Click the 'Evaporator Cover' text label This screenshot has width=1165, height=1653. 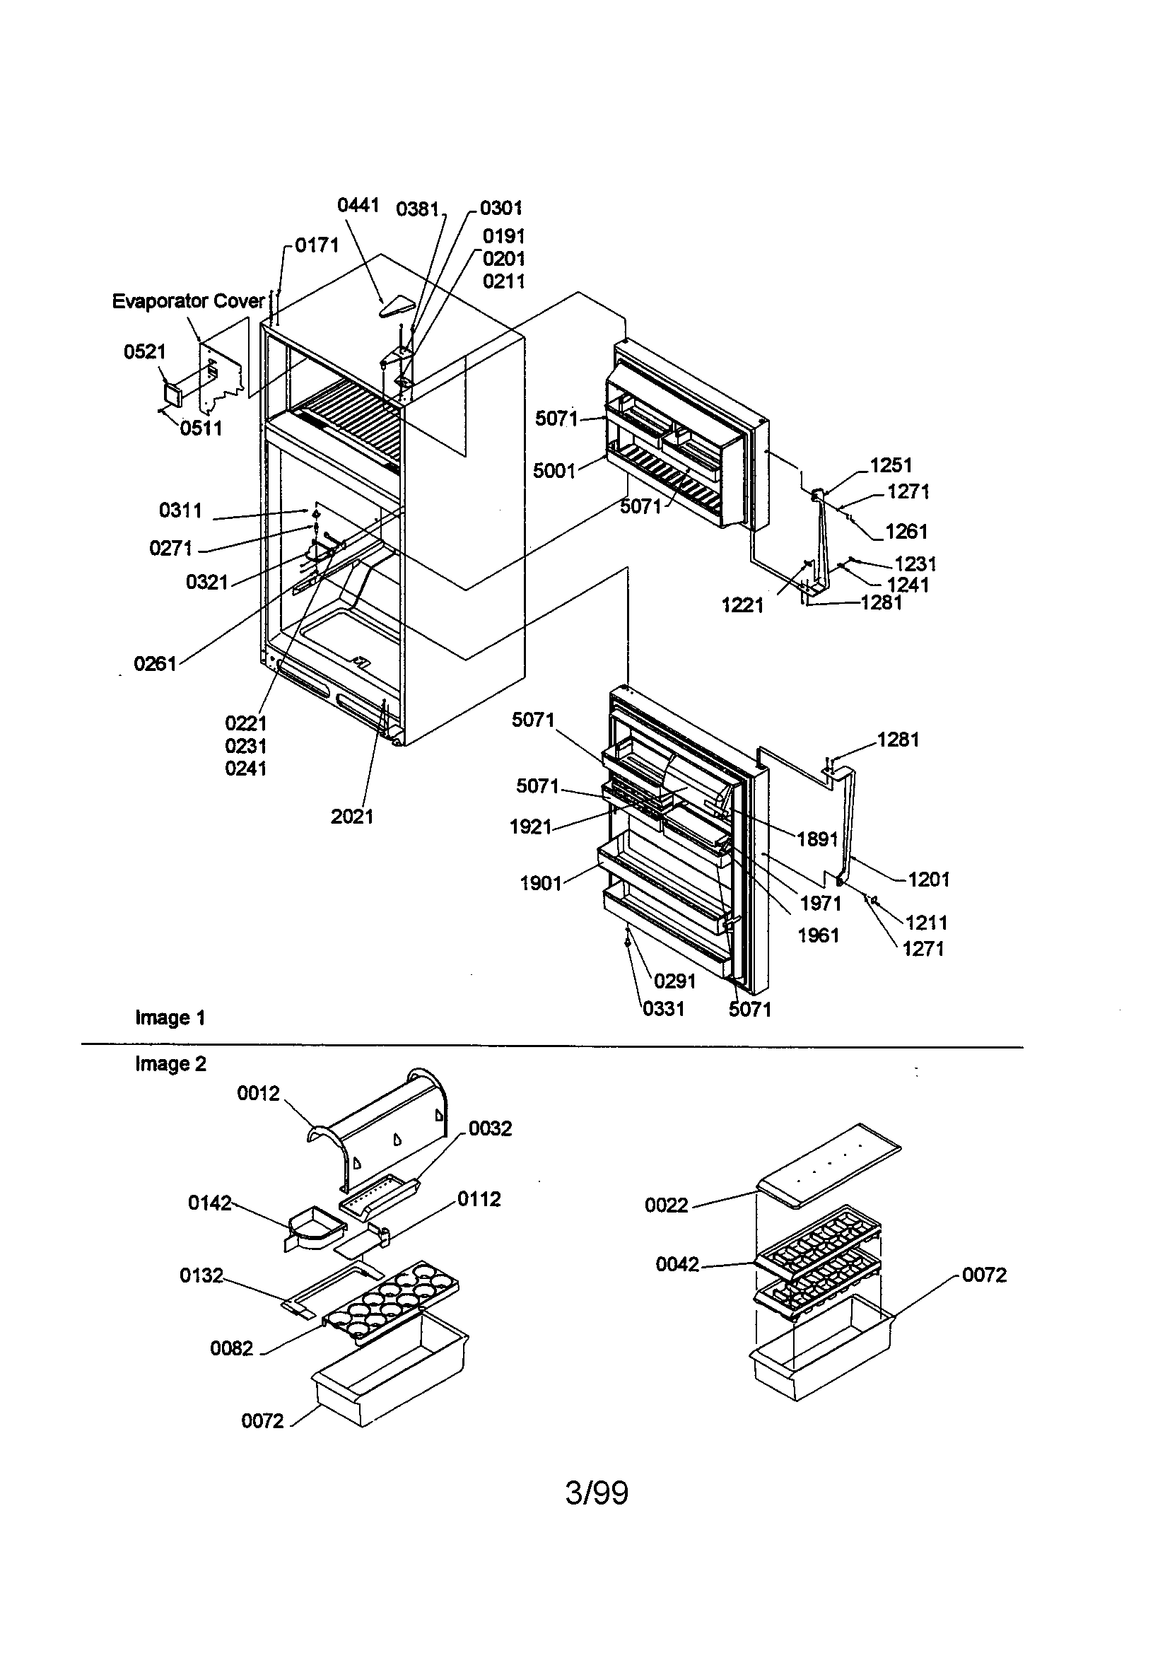(189, 301)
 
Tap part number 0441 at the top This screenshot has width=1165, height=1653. (358, 205)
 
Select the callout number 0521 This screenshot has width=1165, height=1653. (145, 351)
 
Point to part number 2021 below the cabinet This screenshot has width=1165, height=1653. (352, 817)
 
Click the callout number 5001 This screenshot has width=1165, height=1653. (554, 471)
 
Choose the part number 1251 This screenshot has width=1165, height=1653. (891, 465)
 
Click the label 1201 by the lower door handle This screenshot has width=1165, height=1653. (929, 879)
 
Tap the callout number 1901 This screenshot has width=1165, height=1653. (541, 883)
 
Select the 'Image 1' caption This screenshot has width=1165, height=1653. (170, 1018)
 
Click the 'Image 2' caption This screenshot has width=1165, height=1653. (170, 1064)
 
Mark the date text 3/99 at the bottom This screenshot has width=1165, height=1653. (596, 1493)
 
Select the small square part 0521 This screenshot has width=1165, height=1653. (173, 394)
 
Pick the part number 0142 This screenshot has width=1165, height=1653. (209, 1203)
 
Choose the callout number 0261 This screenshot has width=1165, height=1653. (156, 664)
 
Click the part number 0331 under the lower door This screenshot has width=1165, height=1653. (663, 1009)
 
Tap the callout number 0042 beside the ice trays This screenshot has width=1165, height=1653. (677, 1264)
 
